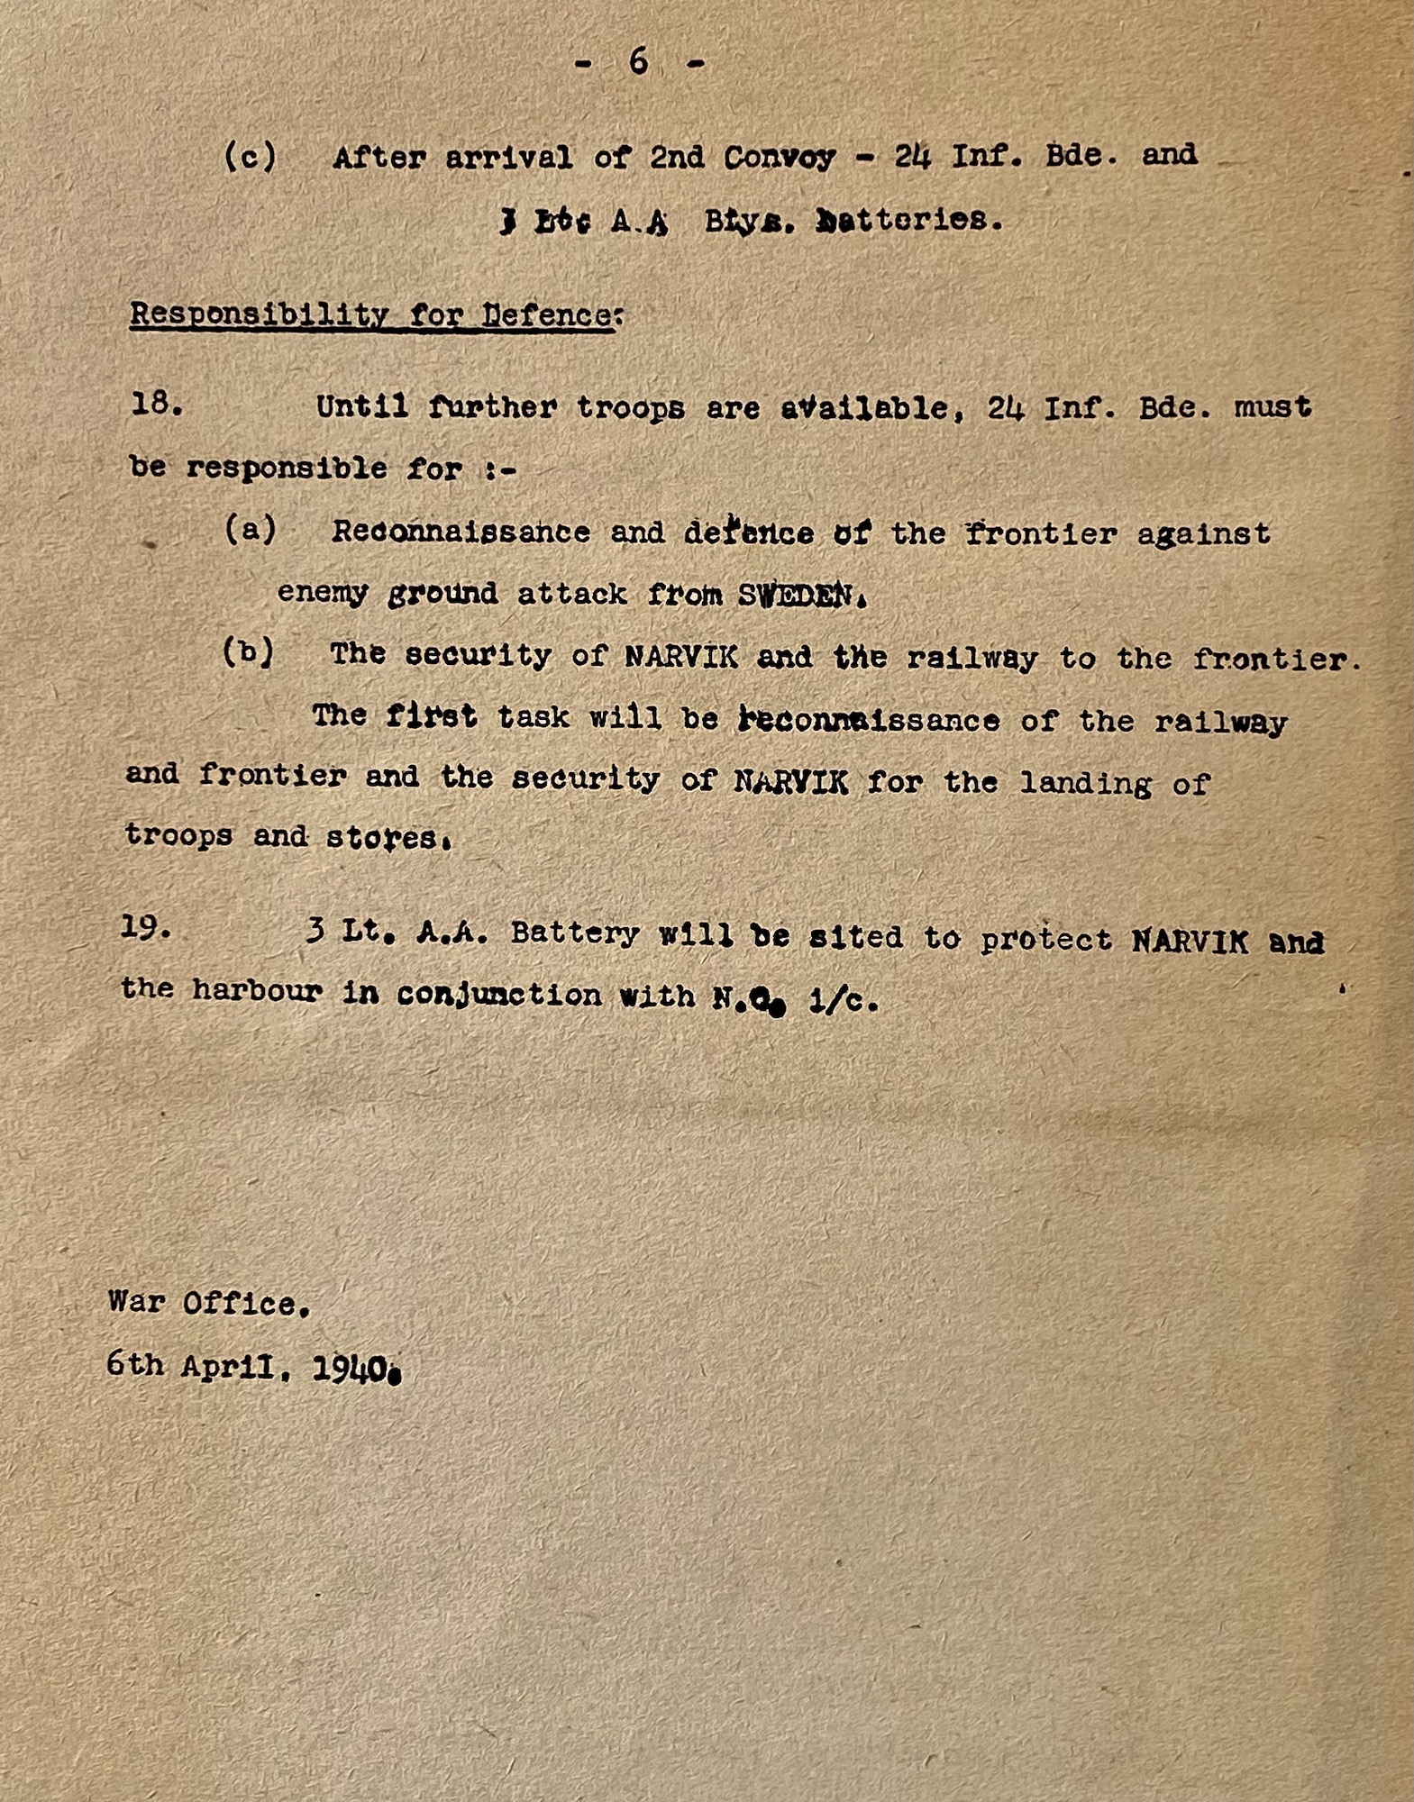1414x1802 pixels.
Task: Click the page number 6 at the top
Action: pyautogui.click(x=639, y=61)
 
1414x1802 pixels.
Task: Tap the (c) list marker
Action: pyautogui.click(x=250, y=157)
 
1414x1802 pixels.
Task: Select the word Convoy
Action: pyautogui.click(x=780, y=157)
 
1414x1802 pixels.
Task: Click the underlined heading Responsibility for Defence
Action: pyautogui.click(x=373, y=315)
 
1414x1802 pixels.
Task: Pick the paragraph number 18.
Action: pyautogui.click(x=157, y=405)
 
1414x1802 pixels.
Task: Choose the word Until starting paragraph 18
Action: pyautogui.click(x=361, y=407)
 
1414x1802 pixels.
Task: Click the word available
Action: pyautogui.click(x=864, y=408)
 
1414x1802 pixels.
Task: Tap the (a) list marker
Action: pyautogui.click(x=250, y=530)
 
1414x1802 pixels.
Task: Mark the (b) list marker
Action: pyautogui.click(x=248, y=652)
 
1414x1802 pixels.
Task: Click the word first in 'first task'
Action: pyautogui.click(x=431, y=716)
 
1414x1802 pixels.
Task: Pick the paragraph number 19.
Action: pyautogui.click(x=145, y=927)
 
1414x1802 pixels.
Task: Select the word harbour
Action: pyautogui.click(x=257, y=991)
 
